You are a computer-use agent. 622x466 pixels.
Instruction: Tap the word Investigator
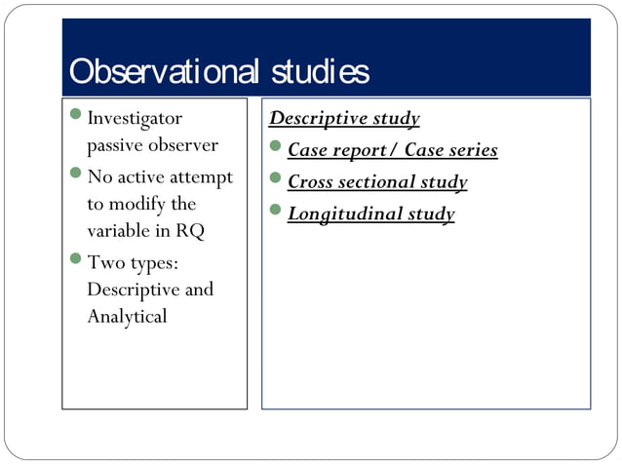click(x=135, y=119)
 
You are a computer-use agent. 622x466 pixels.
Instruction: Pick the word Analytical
click(x=127, y=317)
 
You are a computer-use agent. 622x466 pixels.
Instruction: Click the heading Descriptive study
click(x=344, y=119)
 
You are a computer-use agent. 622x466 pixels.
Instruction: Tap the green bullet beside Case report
click(x=276, y=147)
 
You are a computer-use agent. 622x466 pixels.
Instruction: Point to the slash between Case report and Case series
click(x=394, y=150)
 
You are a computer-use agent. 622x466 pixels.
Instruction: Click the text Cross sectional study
click(x=377, y=182)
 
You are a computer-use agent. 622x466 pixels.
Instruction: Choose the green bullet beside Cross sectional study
click(x=276, y=178)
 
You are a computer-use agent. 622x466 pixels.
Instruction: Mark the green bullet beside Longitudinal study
click(x=276, y=210)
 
